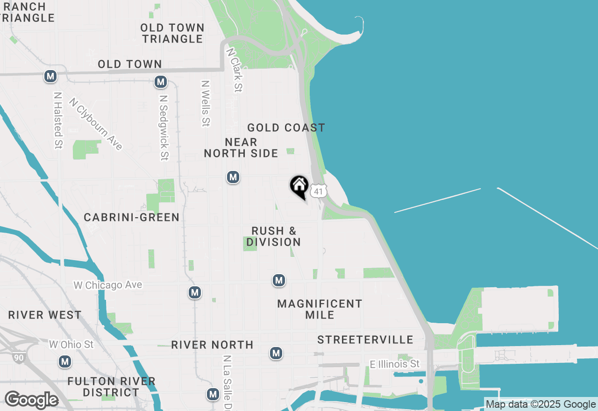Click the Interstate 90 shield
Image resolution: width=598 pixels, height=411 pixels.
[18, 358]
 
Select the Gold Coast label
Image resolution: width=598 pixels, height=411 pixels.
[286, 128]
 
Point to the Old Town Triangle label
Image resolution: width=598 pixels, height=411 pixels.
[172, 34]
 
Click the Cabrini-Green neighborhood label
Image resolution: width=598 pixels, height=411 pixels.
[131, 217]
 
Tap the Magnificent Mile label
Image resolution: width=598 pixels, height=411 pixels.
[320, 309]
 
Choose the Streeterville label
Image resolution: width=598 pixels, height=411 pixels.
[365, 340]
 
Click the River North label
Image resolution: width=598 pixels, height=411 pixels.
[212, 345]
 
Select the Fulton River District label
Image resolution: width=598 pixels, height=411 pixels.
[111, 387]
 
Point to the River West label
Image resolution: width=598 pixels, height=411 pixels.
[45, 315]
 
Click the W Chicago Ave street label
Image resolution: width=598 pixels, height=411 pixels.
[108, 285]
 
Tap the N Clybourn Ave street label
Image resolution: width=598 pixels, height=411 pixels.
[96, 124]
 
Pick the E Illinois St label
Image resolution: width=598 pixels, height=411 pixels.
[395, 364]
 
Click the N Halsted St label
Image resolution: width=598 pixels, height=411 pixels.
[58, 120]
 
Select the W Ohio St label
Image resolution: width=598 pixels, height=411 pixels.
[71, 345]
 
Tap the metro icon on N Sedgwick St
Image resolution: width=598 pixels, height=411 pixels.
[161, 82]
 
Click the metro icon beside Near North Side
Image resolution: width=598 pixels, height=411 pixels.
[233, 177]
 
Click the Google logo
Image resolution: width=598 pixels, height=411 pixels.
[31, 400]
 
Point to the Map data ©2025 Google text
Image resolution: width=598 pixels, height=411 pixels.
[541, 404]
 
